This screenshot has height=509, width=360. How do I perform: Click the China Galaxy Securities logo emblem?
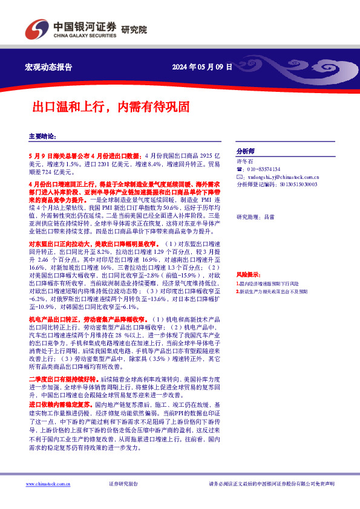(x=36, y=28)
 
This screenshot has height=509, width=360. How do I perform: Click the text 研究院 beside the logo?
(x=134, y=30)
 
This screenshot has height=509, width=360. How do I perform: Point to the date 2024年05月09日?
(x=202, y=67)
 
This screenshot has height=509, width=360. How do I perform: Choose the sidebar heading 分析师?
(x=246, y=151)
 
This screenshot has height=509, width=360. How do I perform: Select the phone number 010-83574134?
(x=264, y=169)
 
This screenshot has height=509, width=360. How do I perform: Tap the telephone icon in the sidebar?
(x=239, y=169)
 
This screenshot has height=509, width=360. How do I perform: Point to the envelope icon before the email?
(x=239, y=177)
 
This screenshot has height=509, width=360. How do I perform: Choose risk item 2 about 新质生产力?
(x=272, y=291)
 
